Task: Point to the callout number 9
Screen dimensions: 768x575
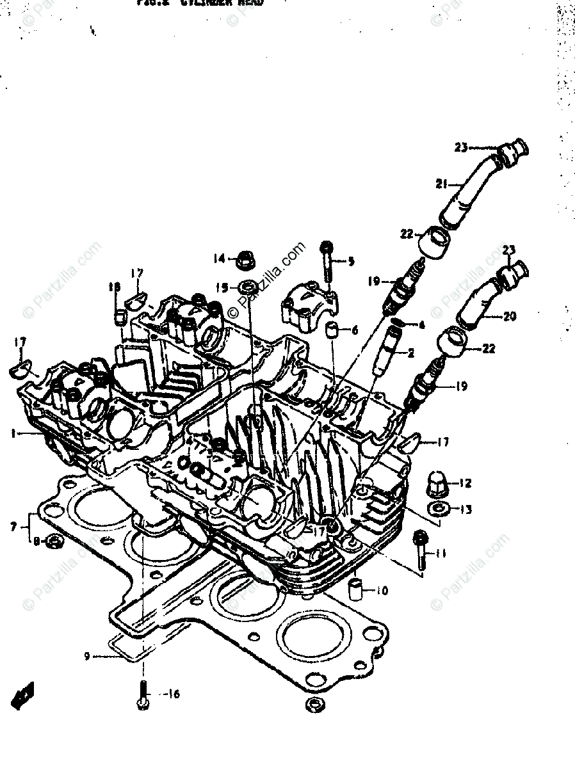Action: pyautogui.click(x=86, y=656)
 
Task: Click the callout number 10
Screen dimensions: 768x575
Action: pyautogui.click(x=382, y=591)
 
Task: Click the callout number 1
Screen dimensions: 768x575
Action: pyautogui.click(x=12, y=433)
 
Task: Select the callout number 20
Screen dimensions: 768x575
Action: pyautogui.click(x=509, y=316)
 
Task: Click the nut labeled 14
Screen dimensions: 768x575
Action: pyautogui.click(x=244, y=260)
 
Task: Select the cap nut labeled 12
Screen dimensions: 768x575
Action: pyautogui.click(x=437, y=486)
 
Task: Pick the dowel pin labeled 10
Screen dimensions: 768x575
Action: pyautogui.click(x=357, y=588)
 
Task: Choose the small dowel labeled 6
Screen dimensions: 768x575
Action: pyautogui.click(x=332, y=331)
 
